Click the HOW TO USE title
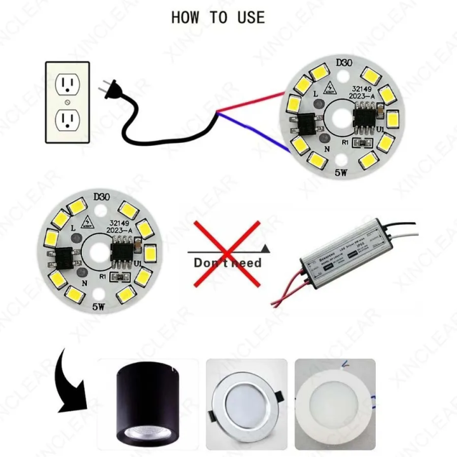click(218, 18)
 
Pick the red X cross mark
click(227, 253)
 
